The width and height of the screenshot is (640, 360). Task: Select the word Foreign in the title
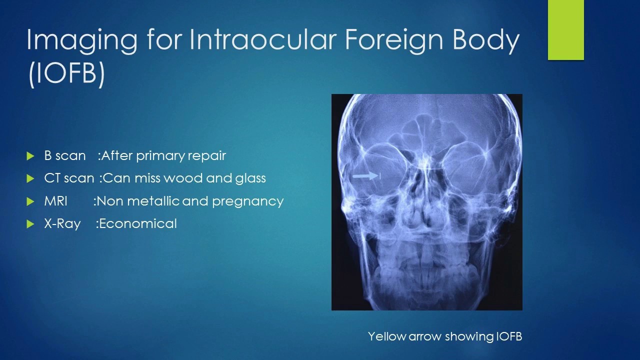[395, 40]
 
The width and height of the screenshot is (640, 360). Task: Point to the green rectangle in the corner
[566, 30]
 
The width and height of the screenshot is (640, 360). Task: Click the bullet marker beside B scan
[30, 156]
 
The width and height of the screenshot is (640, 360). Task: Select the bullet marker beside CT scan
[30, 178]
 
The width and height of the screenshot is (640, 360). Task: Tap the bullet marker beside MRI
[30, 201]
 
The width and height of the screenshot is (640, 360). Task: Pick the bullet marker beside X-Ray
[30, 224]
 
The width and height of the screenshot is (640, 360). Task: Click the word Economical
[138, 223]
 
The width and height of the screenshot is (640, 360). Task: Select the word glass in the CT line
[250, 178]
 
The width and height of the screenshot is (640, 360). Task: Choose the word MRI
[55, 201]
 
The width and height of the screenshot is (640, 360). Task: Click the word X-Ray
[62, 224]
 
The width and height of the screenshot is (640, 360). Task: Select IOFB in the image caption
[509, 336]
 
